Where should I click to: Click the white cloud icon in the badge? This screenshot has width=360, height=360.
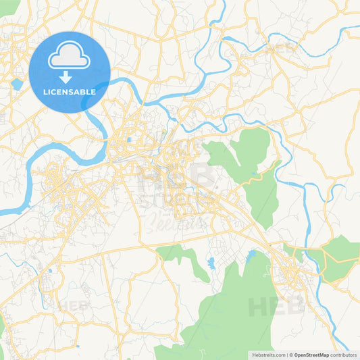tap(70, 57)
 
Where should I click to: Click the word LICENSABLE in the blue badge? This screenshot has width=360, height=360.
tap(70, 91)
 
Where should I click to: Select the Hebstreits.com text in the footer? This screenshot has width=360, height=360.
tap(268, 355)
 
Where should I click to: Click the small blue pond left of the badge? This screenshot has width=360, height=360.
tap(16, 84)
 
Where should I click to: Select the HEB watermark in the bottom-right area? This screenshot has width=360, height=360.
tap(276, 307)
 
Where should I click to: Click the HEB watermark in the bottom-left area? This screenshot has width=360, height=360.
tap(73, 306)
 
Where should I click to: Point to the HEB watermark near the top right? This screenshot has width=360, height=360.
tap(282, 49)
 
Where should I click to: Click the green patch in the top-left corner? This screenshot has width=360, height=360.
tap(8, 7)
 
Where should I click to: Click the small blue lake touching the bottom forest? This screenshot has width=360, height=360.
tap(252, 256)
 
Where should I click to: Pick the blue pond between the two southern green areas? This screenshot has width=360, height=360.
tap(211, 261)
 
